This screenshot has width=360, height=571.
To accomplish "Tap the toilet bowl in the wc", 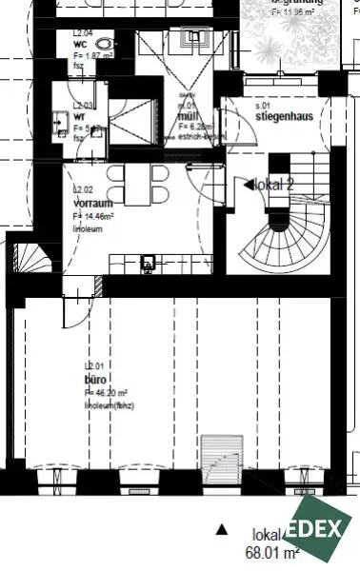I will (114, 44).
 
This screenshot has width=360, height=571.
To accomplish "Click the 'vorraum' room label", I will (92, 203).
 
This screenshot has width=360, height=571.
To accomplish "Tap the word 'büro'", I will (95, 378).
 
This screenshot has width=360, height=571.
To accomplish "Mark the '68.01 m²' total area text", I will (273, 551).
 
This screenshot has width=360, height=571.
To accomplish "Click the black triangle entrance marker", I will (222, 527).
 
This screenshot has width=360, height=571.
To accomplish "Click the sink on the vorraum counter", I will (149, 261).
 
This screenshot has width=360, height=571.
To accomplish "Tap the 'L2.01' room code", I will (94, 365).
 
